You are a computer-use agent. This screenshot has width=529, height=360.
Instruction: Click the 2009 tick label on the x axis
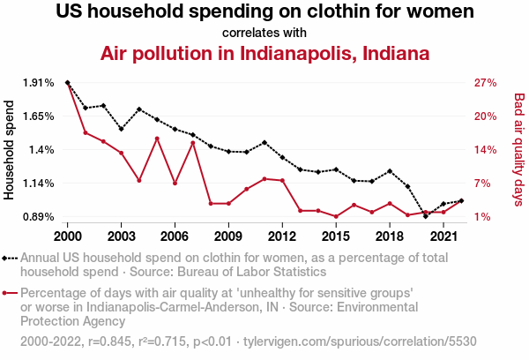point(228,236)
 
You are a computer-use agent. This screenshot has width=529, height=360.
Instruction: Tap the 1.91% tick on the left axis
point(38,83)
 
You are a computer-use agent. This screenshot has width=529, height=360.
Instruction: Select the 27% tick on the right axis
point(486,83)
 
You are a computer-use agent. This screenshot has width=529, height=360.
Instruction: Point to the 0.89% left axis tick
point(38,217)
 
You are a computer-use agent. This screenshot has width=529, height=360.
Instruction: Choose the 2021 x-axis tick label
point(443,236)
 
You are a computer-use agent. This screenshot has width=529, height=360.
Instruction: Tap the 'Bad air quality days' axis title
point(519,149)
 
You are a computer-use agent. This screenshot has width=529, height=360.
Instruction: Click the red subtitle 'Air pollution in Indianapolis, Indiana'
point(264,53)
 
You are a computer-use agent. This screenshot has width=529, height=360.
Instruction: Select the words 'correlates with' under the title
point(264,33)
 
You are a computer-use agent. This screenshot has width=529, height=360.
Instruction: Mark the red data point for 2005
point(157,139)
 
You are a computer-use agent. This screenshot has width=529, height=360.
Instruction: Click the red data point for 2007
point(192,142)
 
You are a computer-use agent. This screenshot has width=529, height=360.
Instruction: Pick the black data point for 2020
point(425,215)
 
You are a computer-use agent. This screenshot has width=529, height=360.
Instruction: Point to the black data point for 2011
point(264,142)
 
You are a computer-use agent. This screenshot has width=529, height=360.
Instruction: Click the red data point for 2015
point(336,216)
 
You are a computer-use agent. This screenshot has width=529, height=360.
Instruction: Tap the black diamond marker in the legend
point(11,259)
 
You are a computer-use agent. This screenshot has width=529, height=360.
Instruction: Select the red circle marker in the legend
point(11,293)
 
